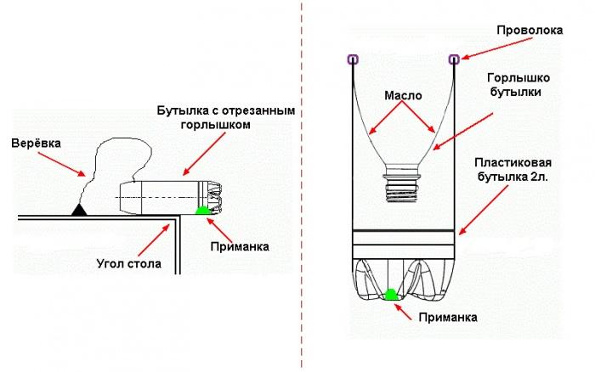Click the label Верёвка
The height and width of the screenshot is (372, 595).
tap(37, 145)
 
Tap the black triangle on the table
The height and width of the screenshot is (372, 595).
tap(79, 208)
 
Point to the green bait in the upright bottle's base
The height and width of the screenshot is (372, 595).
tap(391, 295)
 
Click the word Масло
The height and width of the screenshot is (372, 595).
tap(403, 96)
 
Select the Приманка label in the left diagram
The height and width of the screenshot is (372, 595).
tap(241, 247)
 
